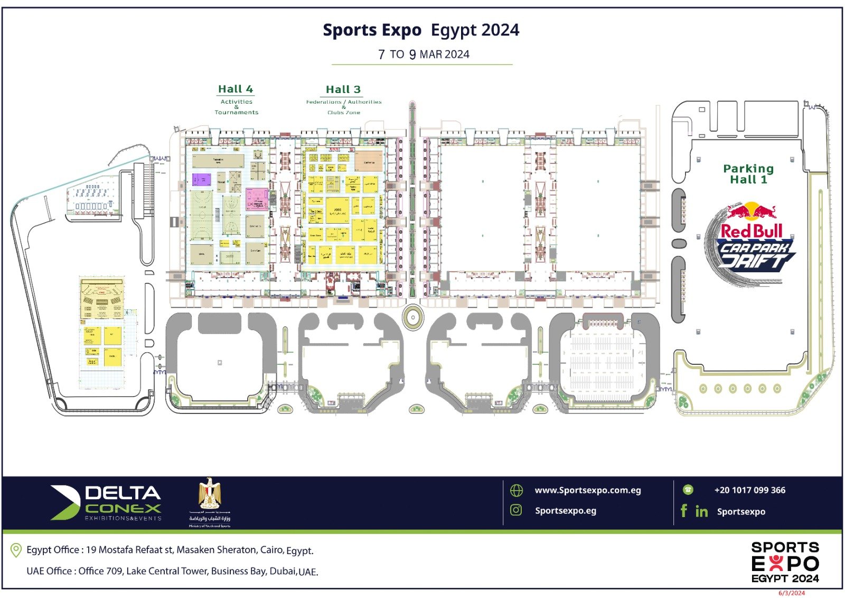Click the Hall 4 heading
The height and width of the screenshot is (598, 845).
click(x=236, y=89)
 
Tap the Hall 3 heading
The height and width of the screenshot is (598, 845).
click(x=343, y=90)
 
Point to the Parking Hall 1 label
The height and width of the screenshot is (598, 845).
click(x=748, y=174)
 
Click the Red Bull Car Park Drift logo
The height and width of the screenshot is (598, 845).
click(x=750, y=244)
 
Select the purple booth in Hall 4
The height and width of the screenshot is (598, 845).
click(x=201, y=180)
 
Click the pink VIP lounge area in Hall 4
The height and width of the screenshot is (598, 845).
click(x=257, y=199)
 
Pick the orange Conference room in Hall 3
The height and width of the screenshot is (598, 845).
click(x=369, y=161)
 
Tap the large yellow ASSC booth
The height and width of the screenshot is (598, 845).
click(x=338, y=212)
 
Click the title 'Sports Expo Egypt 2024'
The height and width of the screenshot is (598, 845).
click(x=421, y=30)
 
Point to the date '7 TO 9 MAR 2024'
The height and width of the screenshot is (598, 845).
click(x=424, y=54)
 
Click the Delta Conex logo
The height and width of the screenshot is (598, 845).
click(x=106, y=503)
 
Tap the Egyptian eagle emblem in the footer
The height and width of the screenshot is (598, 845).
click(x=210, y=494)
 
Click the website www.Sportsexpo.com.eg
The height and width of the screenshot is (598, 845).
click(x=588, y=490)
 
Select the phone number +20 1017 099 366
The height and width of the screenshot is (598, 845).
click(x=749, y=490)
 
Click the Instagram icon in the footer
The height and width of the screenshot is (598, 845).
click(x=516, y=510)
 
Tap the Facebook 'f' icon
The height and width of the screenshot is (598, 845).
click(x=684, y=511)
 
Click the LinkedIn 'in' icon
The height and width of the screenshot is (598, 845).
click(x=701, y=511)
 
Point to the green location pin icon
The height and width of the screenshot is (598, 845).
click(x=16, y=550)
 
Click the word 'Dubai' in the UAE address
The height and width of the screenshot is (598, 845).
click(x=284, y=571)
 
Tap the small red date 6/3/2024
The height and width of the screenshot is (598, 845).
click(x=792, y=593)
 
